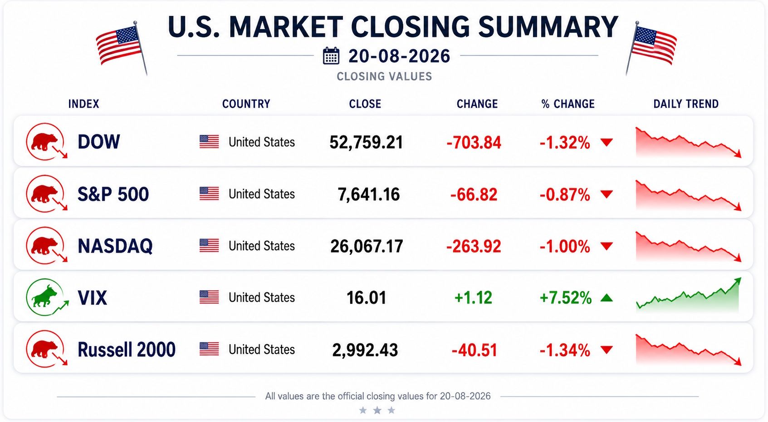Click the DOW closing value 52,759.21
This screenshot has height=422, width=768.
click(x=366, y=143)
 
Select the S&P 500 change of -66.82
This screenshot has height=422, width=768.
click(x=474, y=195)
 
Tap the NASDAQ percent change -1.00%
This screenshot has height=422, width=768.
click(x=565, y=247)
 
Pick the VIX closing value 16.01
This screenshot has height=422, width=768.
click(x=366, y=298)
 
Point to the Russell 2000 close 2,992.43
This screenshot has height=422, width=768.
click(x=365, y=350)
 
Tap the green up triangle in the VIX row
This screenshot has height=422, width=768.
click(x=607, y=298)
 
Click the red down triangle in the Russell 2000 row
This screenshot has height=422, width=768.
click(x=607, y=350)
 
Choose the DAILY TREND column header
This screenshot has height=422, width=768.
click(x=686, y=104)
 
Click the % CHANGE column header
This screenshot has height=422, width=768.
click(x=568, y=104)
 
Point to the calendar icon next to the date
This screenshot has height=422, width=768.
click(x=331, y=55)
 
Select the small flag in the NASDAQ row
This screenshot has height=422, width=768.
click(x=209, y=245)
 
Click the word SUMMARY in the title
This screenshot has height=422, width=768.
click(x=548, y=27)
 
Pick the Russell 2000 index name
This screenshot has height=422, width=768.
click(x=127, y=350)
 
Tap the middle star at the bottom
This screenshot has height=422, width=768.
click(x=377, y=410)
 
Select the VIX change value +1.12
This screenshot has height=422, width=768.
click(x=473, y=298)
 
